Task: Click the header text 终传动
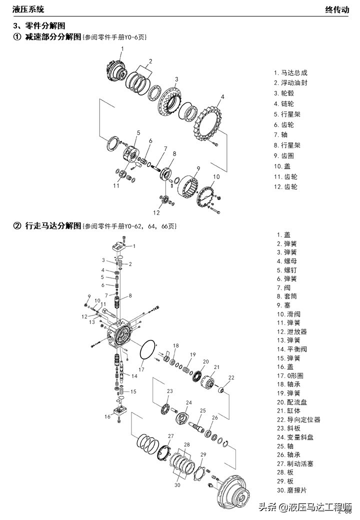click(337, 9)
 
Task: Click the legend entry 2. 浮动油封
click(290, 82)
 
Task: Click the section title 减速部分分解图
click(53, 37)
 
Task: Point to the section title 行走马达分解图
click(53, 226)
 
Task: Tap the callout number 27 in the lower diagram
click(170, 436)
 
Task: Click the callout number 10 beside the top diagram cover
click(216, 176)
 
